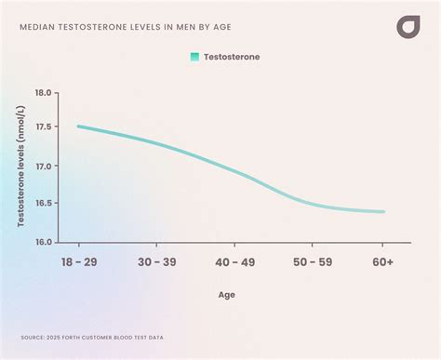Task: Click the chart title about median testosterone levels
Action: pyautogui.click(x=126, y=27)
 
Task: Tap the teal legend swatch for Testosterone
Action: pyautogui.click(x=194, y=57)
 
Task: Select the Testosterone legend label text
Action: pyautogui.click(x=232, y=57)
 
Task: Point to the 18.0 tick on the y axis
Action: pyautogui.click(x=44, y=94)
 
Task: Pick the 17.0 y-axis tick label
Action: pyautogui.click(x=44, y=167)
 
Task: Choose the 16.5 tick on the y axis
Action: pyautogui.click(x=44, y=203)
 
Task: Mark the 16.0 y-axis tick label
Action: pyautogui.click(x=44, y=242)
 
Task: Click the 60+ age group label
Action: pyautogui.click(x=382, y=263)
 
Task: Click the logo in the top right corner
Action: pyautogui.click(x=408, y=27)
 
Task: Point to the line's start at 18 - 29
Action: pyautogui.click(x=78, y=127)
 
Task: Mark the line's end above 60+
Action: pyautogui.click(x=382, y=211)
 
